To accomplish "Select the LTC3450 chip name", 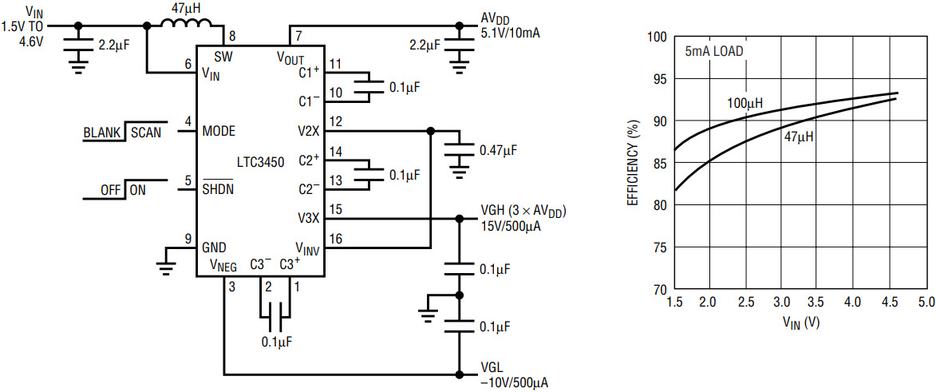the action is [259, 160].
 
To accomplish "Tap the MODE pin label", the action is [219, 131].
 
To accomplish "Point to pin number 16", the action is [335, 239].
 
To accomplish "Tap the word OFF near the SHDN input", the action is [110, 192].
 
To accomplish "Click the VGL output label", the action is [492, 367].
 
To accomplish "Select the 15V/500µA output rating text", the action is [511, 227].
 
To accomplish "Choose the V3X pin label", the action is [310, 218].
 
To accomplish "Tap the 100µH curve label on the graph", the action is [745, 103].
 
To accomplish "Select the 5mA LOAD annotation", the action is [714, 52].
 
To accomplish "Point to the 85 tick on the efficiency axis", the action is [660, 163].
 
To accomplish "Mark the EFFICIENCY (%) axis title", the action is [633, 163].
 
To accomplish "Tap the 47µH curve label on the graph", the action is [798, 137].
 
